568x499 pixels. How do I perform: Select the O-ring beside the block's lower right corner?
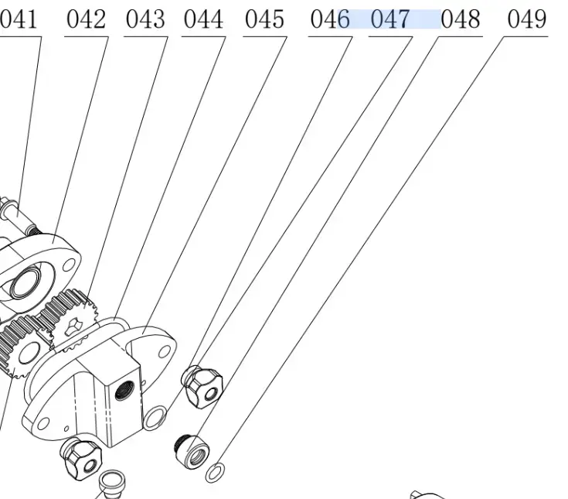click(x=155, y=418)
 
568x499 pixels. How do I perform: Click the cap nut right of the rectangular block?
click(x=202, y=384)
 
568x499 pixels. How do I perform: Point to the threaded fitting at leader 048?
click(x=192, y=449)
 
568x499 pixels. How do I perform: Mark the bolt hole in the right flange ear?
click(x=163, y=351)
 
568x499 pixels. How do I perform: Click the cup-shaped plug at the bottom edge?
click(x=114, y=481)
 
